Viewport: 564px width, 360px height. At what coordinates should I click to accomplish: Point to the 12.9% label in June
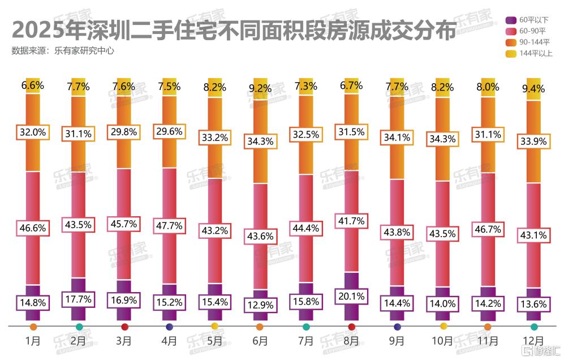click(x=260, y=305)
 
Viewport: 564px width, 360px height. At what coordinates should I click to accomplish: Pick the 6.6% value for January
click(x=33, y=86)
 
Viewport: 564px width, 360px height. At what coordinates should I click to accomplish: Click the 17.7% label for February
click(x=79, y=298)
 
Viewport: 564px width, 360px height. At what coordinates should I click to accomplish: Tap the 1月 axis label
click(x=33, y=341)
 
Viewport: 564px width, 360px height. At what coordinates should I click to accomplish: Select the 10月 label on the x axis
click(x=442, y=341)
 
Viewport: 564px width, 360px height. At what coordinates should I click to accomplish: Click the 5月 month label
click(x=214, y=341)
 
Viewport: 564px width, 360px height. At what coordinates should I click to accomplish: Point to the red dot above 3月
click(x=124, y=327)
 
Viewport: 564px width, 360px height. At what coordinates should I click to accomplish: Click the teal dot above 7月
click(x=305, y=327)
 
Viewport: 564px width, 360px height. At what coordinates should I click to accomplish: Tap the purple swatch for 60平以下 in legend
click(x=509, y=20)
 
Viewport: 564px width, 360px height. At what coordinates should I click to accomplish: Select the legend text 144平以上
click(x=535, y=53)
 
